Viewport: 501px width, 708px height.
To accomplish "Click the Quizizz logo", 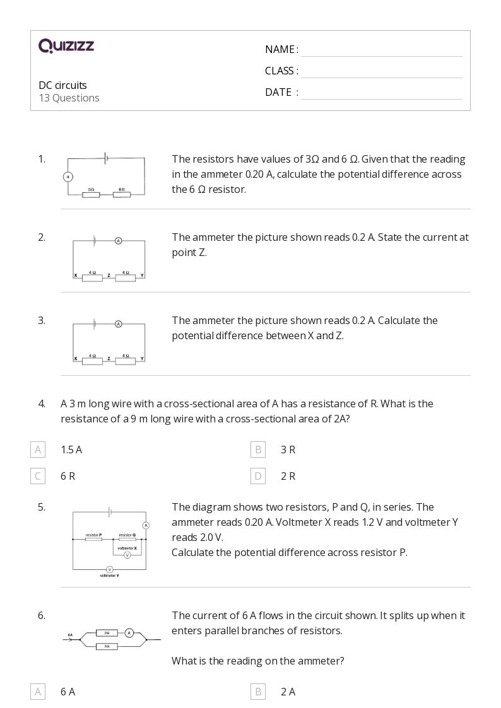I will [66, 46].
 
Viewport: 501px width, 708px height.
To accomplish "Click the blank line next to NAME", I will [381, 50].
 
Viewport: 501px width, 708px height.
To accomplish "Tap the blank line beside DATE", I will [381, 93].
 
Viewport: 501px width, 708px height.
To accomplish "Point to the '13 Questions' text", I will [69, 98].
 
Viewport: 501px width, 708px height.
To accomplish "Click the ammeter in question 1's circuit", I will [68, 177].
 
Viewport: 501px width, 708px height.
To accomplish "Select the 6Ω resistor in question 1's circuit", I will [122, 195].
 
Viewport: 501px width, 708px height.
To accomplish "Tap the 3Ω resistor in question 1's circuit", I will [91, 195].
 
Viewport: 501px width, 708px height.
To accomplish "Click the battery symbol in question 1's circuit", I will [105, 158].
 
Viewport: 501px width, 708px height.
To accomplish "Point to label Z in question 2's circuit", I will [109, 276].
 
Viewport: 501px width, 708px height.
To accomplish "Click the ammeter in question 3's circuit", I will [118, 324].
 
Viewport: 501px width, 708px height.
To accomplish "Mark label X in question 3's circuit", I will [76, 359].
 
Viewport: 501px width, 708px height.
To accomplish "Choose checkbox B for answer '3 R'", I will [257, 450].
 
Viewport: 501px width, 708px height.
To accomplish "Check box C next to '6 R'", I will [38, 476].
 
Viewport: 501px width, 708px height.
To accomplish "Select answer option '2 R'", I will [288, 476].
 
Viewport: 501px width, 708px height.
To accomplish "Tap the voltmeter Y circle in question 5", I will [109, 569].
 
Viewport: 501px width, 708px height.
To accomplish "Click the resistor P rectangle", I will [94, 539].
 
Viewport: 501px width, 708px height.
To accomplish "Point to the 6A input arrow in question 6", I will [71, 639].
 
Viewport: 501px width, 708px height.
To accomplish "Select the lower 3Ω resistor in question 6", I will [107, 646].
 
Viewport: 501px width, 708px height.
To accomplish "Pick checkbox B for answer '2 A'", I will [257, 692].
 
